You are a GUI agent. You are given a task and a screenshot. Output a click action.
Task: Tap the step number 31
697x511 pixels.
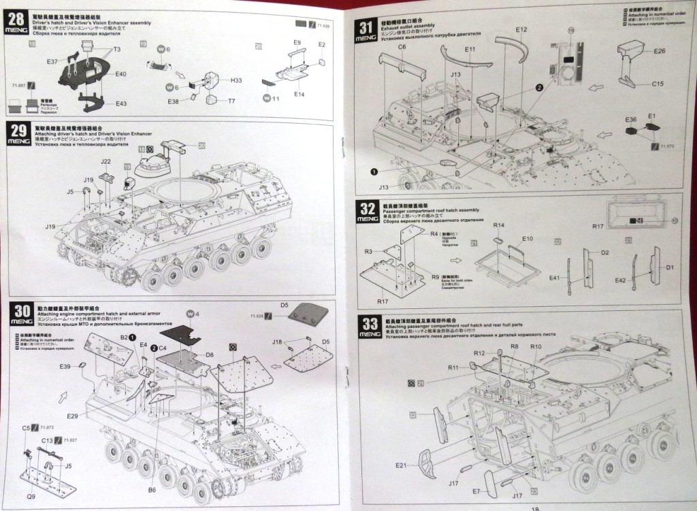pos(366,28)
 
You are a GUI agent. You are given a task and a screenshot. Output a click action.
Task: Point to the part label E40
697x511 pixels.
pos(121,73)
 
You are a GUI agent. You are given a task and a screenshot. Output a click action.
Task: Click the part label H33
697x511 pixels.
pos(236,80)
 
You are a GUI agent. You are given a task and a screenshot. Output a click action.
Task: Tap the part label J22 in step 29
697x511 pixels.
pos(106,161)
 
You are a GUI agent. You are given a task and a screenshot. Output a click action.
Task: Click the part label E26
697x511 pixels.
pos(658,51)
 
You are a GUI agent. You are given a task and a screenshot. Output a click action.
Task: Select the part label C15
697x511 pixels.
pos(658,84)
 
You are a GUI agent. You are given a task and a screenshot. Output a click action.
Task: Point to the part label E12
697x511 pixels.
pos(522,29)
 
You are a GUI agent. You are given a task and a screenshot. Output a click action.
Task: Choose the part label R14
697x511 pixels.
pos(498,225)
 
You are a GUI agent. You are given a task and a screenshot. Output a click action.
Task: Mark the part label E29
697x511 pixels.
pos(73,415)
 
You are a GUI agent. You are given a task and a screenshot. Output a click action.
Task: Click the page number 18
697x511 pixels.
pos(533,507)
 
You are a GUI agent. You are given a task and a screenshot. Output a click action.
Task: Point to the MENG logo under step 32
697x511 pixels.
pos(367,220)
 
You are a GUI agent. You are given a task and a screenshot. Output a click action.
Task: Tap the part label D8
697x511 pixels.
pos(210,355)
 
